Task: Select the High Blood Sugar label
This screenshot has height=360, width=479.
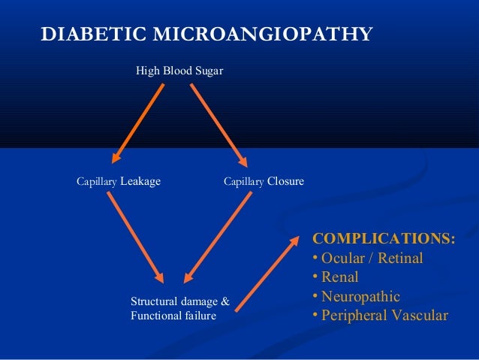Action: point(179,71)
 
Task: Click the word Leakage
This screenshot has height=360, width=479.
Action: point(140,181)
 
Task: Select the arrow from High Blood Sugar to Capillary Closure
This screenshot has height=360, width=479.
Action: point(218,124)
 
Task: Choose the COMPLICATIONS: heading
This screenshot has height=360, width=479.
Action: point(383,240)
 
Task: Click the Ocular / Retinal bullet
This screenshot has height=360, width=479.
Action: point(367,259)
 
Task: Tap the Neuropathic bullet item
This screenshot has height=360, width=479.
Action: point(356,296)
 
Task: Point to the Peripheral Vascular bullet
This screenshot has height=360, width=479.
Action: point(379,315)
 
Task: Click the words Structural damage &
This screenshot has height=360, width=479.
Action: point(180,302)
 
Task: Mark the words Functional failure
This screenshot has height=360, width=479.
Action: point(173,316)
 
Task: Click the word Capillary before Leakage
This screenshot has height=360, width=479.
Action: point(97,182)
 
